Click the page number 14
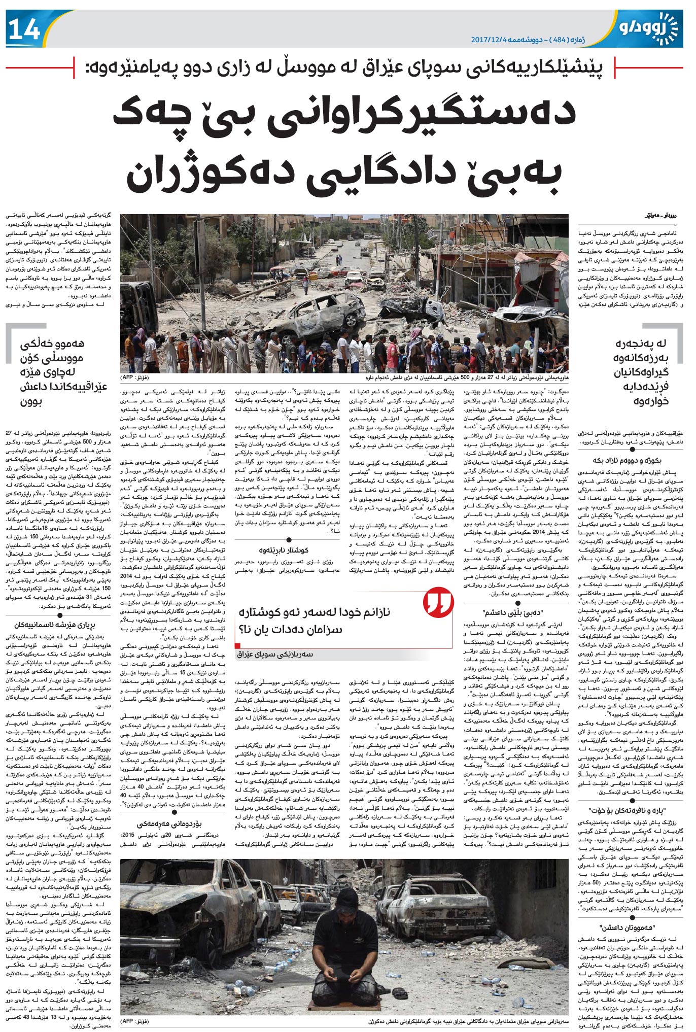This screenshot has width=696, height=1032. click(24, 29)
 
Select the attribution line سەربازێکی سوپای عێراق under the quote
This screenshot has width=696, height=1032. click(276, 654)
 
